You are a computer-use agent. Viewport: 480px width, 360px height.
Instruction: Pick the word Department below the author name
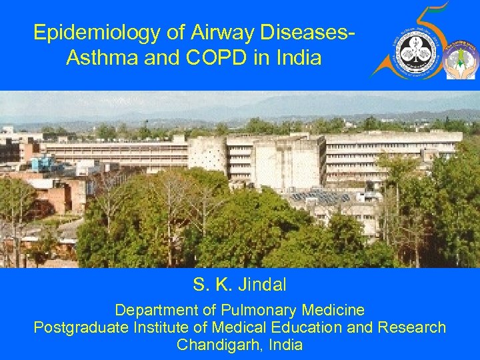[156, 310]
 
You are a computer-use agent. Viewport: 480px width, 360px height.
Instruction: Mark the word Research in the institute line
[412, 328]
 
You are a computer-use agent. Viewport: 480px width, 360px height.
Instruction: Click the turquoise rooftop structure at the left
[43, 163]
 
